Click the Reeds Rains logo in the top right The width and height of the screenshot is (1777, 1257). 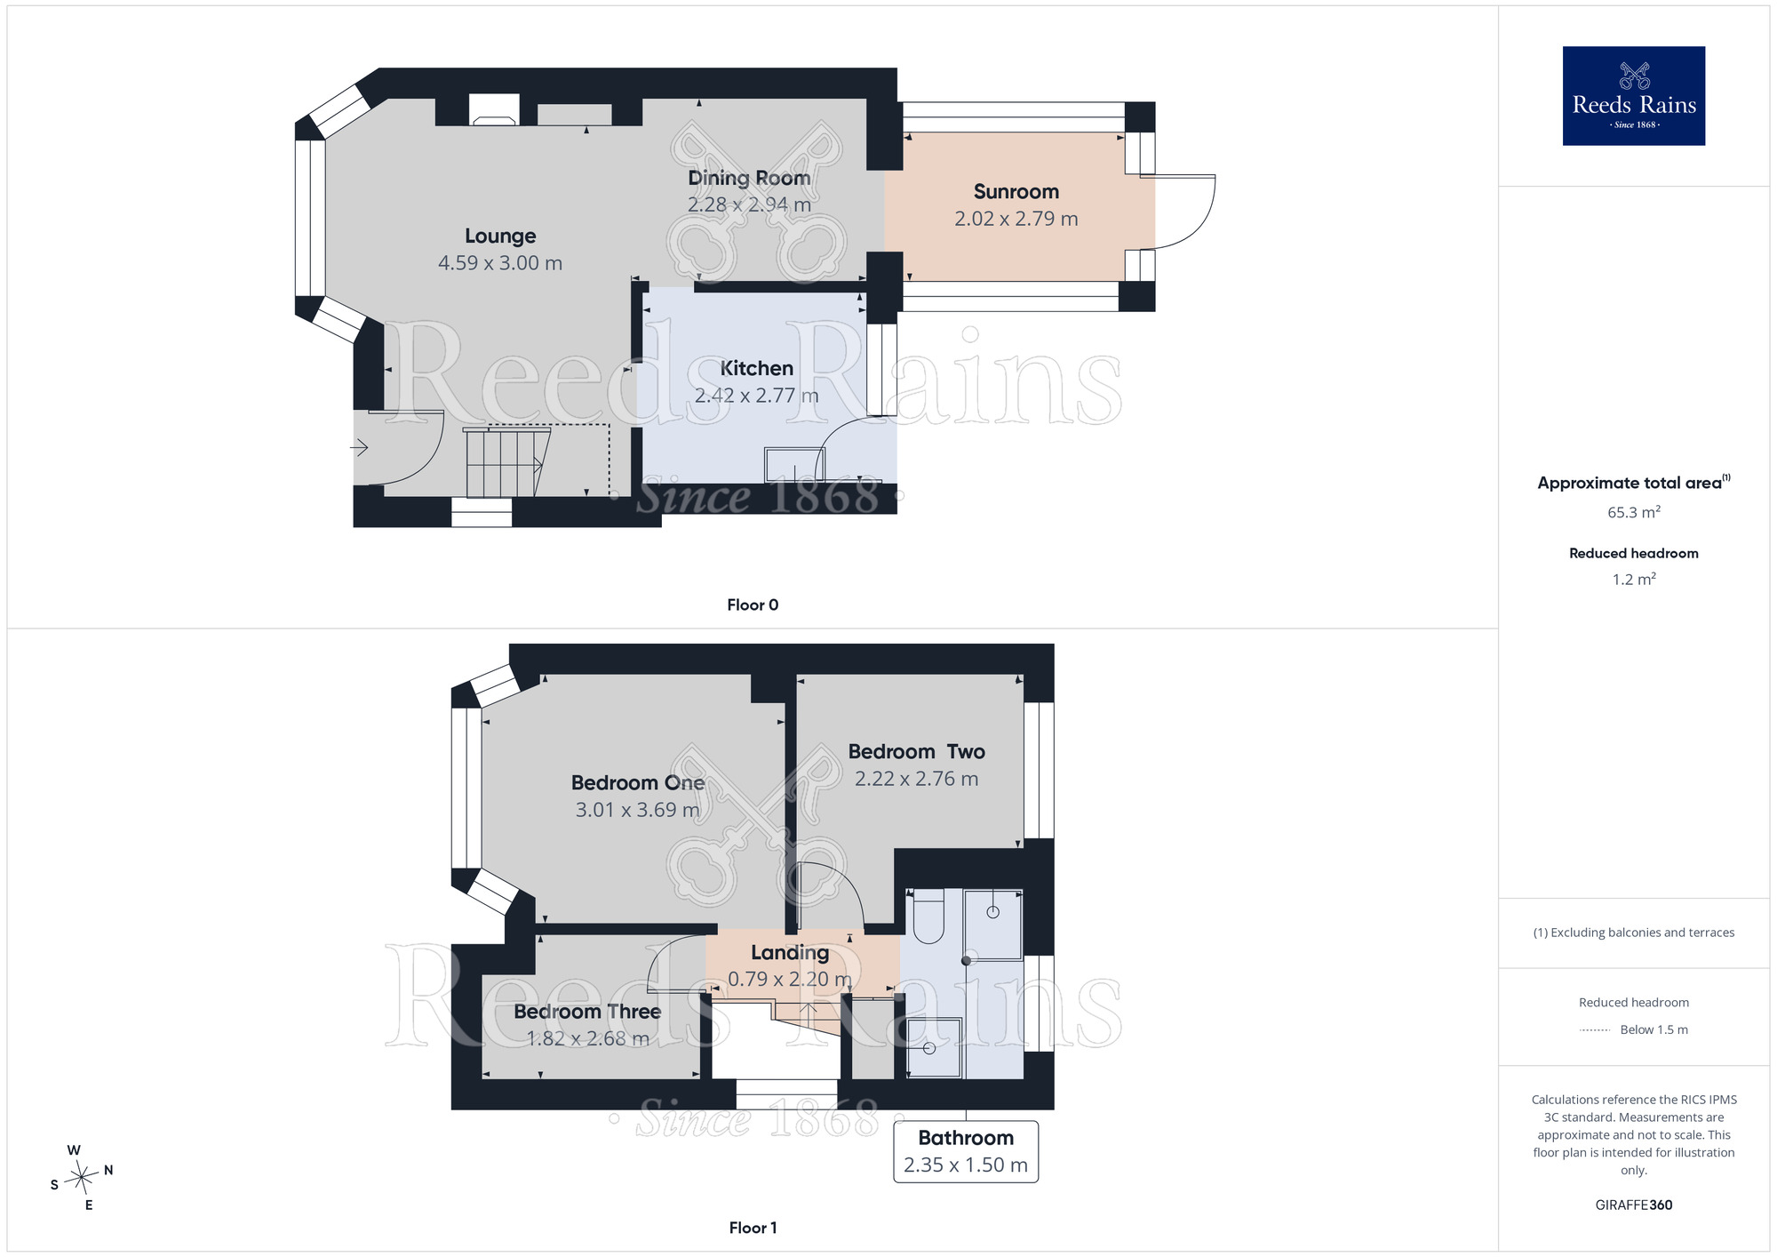point(1633,96)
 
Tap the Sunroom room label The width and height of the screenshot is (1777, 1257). point(1016,192)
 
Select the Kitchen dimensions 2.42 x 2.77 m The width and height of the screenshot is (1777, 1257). point(756,396)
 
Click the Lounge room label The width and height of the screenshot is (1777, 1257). point(500,236)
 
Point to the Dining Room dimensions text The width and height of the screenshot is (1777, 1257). point(749,204)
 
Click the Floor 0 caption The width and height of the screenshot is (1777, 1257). point(753,605)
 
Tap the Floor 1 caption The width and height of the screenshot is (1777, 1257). point(753,1228)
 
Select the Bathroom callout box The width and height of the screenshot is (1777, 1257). point(966,1152)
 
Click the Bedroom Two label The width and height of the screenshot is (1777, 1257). point(916,752)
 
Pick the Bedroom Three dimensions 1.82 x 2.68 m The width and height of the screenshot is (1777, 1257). point(587,1038)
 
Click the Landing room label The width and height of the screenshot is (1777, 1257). point(790,953)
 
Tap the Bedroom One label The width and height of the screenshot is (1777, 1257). point(638,783)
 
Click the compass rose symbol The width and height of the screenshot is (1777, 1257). point(82,1178)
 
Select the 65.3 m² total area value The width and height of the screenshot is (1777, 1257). point(1634,512)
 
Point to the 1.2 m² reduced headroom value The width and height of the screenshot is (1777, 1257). point(1634,580)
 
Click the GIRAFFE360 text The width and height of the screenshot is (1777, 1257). point(1634,1205)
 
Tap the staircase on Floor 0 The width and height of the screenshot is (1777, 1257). point(504,462)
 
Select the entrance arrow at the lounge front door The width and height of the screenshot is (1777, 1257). point(359,447)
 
